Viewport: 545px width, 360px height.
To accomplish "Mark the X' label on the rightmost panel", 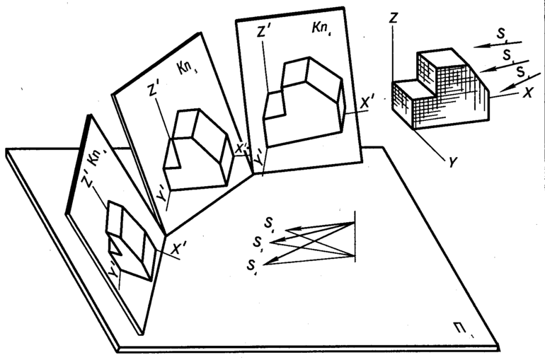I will (367, 104).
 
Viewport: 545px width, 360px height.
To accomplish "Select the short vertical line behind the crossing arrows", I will (353, 234).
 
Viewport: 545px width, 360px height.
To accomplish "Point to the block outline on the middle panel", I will (197, 149).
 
